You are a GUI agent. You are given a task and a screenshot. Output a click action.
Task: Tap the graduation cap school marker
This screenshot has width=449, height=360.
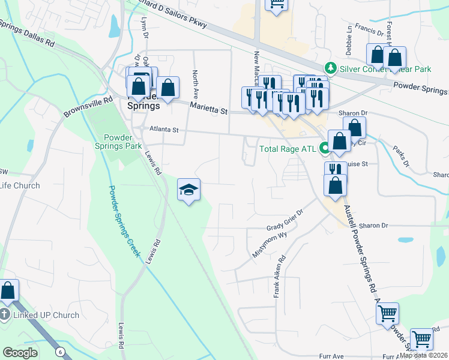[188, 190]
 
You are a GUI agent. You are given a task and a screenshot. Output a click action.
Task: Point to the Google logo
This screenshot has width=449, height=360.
[20, 353]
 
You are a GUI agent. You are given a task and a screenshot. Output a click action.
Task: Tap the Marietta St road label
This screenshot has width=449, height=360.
[209, 108]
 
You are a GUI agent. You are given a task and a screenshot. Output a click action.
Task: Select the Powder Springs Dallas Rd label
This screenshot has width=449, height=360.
[26, 34]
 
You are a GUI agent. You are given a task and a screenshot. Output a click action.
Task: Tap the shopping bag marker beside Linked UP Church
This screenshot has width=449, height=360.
[8, 290]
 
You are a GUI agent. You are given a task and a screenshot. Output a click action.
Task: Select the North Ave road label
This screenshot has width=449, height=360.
[195, 85]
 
